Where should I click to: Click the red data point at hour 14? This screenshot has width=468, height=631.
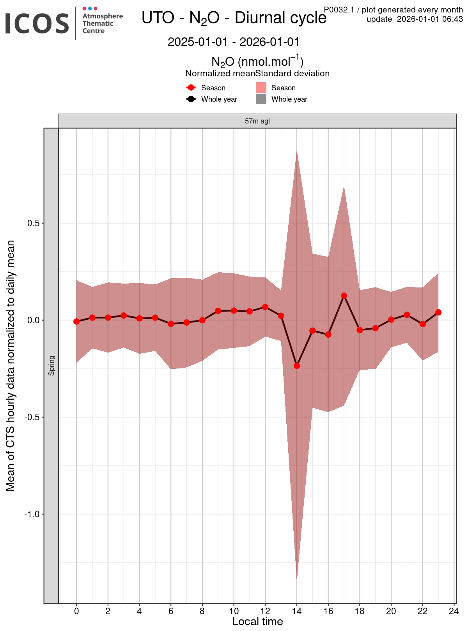(297, 366)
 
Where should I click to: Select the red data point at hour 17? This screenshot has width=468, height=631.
(344, 296)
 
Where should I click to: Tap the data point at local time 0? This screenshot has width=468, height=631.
(76, 321)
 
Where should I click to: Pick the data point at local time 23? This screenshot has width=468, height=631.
(438, 312)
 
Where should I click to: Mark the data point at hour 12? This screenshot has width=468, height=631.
(265, 307)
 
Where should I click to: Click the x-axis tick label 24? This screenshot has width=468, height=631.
(454, 612)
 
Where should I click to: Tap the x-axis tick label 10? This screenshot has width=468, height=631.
(234, 612)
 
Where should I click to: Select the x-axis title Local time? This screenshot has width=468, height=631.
(257, 622)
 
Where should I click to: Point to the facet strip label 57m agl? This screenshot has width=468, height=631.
(257, 121)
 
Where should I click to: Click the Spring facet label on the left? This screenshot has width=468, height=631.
(51, 365)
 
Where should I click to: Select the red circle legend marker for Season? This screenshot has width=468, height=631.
(191, 88)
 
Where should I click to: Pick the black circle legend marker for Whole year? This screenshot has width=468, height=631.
(191, 99)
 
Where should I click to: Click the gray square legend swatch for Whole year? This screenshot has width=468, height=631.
(261, 99)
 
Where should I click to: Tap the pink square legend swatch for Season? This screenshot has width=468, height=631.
(261, 88)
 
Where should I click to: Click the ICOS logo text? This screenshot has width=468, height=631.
(37, 23)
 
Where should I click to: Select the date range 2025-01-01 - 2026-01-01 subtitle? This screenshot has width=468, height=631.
(233, 42)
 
